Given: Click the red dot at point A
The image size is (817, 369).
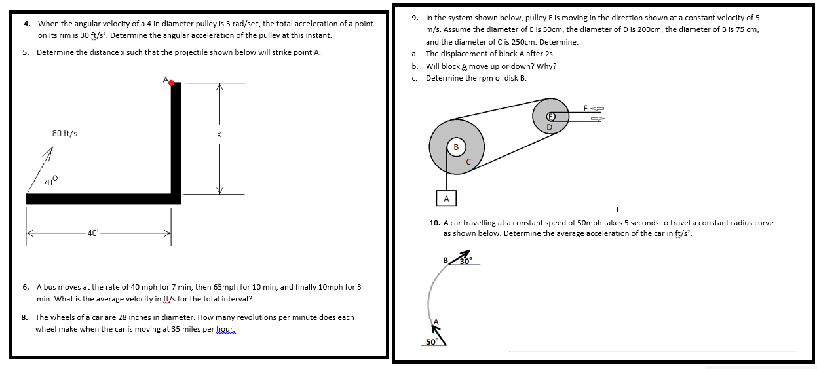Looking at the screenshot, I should tap(172, 83).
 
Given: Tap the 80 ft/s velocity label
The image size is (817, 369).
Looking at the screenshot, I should tap(64, 133).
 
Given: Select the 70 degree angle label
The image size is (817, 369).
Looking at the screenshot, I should tap(50, 181).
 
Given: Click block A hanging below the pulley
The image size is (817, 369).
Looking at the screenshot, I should tap(446, 198).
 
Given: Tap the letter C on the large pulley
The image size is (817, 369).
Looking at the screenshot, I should tap(468, 161).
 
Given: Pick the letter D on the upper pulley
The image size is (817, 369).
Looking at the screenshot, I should tap(550, 126).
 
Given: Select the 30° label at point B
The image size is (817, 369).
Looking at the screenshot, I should tap(466, 260).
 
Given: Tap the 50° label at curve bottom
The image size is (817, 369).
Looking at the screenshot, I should tap(431, 342).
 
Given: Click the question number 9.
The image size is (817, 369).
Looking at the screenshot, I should tap(415, 18).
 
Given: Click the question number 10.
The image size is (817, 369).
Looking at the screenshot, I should tap(434, 223).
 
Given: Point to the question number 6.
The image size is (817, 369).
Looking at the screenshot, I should tap(26, 287).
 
